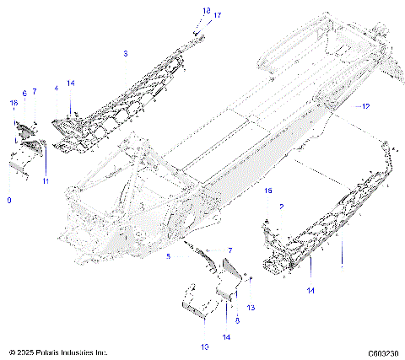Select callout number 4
(56, 88)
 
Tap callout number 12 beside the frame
(364, 107)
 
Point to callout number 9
(9, 200)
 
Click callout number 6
(24, 93)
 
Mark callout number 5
(169, 255)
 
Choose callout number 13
(250, 283)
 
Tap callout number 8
(238, 298)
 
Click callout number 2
(281, 206)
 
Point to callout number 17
(217, 15)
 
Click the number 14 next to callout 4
(71, 83)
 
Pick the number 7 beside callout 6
(35, 91)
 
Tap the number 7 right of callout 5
(229, 250)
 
